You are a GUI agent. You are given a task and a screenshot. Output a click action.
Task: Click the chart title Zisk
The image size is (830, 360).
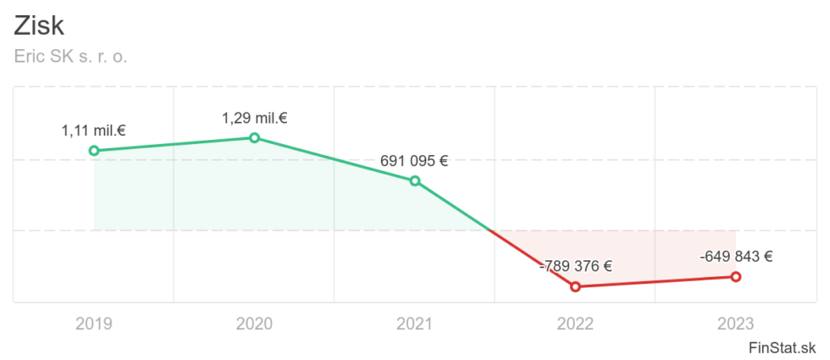pos(39,25)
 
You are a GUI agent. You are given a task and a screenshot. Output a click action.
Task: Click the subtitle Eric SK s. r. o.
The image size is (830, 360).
pos(70,57)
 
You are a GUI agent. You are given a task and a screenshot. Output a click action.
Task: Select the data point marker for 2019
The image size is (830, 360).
pos(94,151)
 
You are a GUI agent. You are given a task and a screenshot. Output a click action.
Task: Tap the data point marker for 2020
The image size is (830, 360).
pos(254,138)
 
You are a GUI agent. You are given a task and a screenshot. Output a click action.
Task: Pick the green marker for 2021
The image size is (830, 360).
pos(415,180)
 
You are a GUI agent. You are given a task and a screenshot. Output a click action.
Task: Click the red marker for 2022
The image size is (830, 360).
pos(575,286)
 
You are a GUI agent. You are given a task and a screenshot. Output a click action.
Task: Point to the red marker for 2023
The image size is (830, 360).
pos(735,277)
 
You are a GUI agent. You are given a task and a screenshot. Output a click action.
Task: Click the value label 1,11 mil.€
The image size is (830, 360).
pos(93,130)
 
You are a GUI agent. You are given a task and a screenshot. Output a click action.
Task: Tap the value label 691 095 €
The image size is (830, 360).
pos(414,160)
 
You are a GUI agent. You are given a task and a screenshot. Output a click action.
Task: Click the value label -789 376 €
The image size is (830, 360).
pos(575,266)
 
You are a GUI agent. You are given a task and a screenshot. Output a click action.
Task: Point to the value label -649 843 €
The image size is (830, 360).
pos(735,257)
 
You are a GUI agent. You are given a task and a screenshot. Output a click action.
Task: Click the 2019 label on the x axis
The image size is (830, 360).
pos(93,323)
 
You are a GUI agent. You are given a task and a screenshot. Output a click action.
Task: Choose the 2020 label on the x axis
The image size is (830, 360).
pos(254,323)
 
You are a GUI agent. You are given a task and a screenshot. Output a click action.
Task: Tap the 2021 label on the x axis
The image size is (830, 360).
pos(414,323)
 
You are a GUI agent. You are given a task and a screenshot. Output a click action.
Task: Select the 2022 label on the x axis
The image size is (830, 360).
pos(575,323)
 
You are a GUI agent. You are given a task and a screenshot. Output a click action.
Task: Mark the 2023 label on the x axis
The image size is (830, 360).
pos(735,323)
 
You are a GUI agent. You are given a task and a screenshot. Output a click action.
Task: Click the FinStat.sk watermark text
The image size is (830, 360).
pos(783,347)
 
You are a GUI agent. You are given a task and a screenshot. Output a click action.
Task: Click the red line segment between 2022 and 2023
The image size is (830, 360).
pos(656,282)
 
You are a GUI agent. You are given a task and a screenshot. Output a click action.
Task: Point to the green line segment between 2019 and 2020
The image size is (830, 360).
pos(174,145)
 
